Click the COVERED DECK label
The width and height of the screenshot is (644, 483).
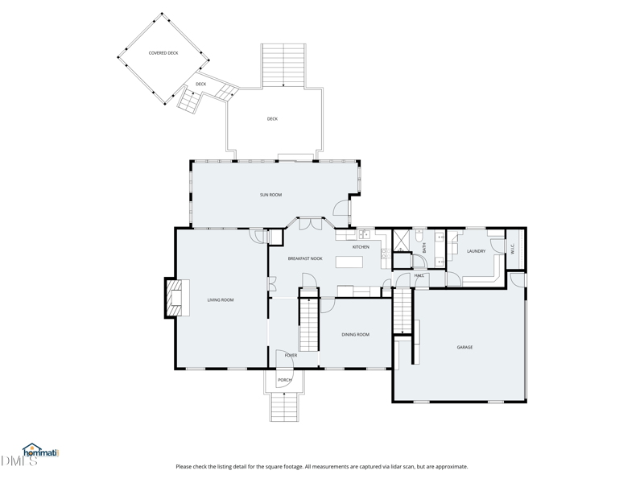(163, 53)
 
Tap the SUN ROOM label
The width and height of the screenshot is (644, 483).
(270, 195)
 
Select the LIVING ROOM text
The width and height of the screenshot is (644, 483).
(220, 300)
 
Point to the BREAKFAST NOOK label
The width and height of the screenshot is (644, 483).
(305, 258)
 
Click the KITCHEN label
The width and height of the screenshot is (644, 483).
(361, 247)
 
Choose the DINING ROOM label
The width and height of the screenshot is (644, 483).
(355, 334)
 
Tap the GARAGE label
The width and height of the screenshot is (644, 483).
(464, 347)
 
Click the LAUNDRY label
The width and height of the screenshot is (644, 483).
(476, 251)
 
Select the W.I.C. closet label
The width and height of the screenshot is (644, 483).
(513, 249)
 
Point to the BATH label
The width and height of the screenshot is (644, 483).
(424, 248)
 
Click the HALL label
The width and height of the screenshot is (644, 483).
(419, 276)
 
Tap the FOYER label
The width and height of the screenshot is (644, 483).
(291, 355)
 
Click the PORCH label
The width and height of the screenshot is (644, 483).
(285, 380)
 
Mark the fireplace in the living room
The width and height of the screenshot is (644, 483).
(174, 298)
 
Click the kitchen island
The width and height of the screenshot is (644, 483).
(349, 262)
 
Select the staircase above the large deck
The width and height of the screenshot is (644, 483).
(283, 65)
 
